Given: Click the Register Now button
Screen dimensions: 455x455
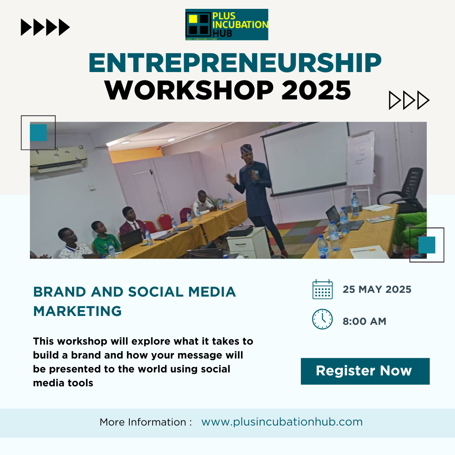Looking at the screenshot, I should click(365, 371).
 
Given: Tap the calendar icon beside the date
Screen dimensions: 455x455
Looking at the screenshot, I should click(323, 289).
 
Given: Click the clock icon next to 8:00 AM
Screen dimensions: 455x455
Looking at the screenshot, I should click(323, 319).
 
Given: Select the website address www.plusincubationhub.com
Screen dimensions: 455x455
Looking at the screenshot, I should click(282, 422).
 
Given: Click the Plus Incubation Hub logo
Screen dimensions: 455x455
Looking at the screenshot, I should click(227, 24).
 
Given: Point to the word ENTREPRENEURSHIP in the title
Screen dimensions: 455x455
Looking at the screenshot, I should click(235, 64).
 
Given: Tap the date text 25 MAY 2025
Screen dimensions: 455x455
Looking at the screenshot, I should click(377, 289).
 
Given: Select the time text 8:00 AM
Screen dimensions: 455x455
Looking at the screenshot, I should click(364, 321).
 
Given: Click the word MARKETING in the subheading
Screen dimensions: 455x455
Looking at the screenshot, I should click(78, 311).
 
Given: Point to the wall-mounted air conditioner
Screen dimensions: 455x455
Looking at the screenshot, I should click(59, 159).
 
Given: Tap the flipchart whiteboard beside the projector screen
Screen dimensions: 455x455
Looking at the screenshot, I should click(361, 159).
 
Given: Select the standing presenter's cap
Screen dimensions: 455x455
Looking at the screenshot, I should click(246, 148).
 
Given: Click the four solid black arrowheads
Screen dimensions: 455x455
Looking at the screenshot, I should click(45, 27).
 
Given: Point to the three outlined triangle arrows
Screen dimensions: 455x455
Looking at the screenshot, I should click(409, 100).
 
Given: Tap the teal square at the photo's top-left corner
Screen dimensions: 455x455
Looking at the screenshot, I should click(38, 133).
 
